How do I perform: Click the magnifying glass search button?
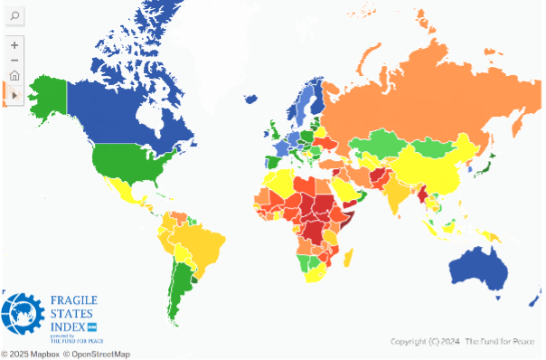point(14,17)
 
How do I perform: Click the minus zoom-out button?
point(14,60)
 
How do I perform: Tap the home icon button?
point(14,76)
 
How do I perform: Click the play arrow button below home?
point(14,93)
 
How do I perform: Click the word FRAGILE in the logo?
point(74,300)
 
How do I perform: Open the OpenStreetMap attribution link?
point(96,354)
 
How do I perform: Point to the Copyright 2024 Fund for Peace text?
point(461,342)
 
